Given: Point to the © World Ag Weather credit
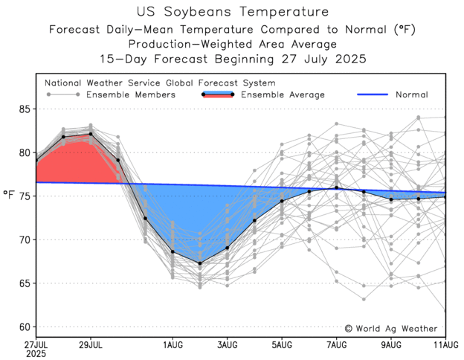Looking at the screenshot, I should (x=392, y=328).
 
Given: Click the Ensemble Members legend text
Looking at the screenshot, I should (x=130, y=95).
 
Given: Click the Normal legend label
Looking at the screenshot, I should (x=411, y=95).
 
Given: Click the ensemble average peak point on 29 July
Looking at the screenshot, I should (x=91, y=134).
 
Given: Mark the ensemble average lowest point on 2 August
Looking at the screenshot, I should (x=199, y=263).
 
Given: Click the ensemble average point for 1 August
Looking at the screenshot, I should (x=173, y=251).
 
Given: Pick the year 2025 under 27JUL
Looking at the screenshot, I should (x=36, y=355).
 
